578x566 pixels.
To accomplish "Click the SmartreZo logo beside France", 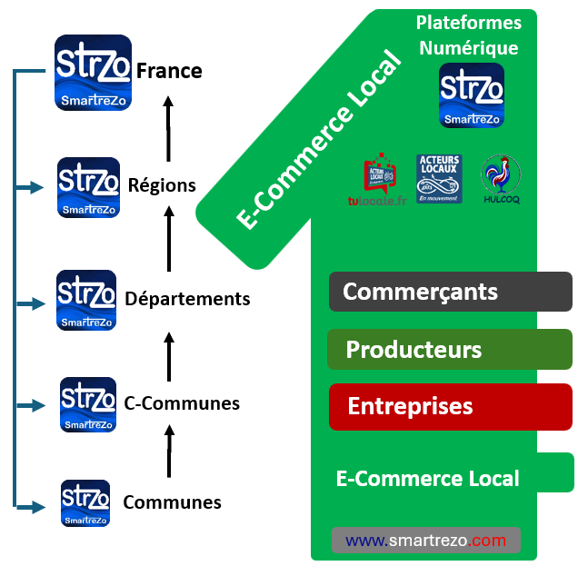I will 93,73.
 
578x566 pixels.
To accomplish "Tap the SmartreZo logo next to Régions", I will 88,187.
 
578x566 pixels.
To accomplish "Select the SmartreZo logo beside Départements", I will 86,300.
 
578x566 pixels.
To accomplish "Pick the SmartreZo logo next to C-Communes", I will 88,404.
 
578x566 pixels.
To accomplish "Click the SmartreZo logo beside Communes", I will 85,503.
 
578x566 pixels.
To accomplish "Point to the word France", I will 169,71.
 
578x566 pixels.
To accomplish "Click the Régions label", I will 162,185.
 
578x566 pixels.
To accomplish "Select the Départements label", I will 187,298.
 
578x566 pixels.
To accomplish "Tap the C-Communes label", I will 182,403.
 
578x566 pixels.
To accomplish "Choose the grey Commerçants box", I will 450,292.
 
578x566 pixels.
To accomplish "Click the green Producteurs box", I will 450,350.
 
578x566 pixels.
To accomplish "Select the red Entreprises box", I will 450,406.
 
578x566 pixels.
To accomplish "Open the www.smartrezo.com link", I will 425,541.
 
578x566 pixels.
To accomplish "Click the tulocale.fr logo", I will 380,180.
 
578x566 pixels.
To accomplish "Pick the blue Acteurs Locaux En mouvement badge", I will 439,178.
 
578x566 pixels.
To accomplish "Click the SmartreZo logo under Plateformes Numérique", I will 471,95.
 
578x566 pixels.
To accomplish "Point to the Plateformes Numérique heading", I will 469,35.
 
